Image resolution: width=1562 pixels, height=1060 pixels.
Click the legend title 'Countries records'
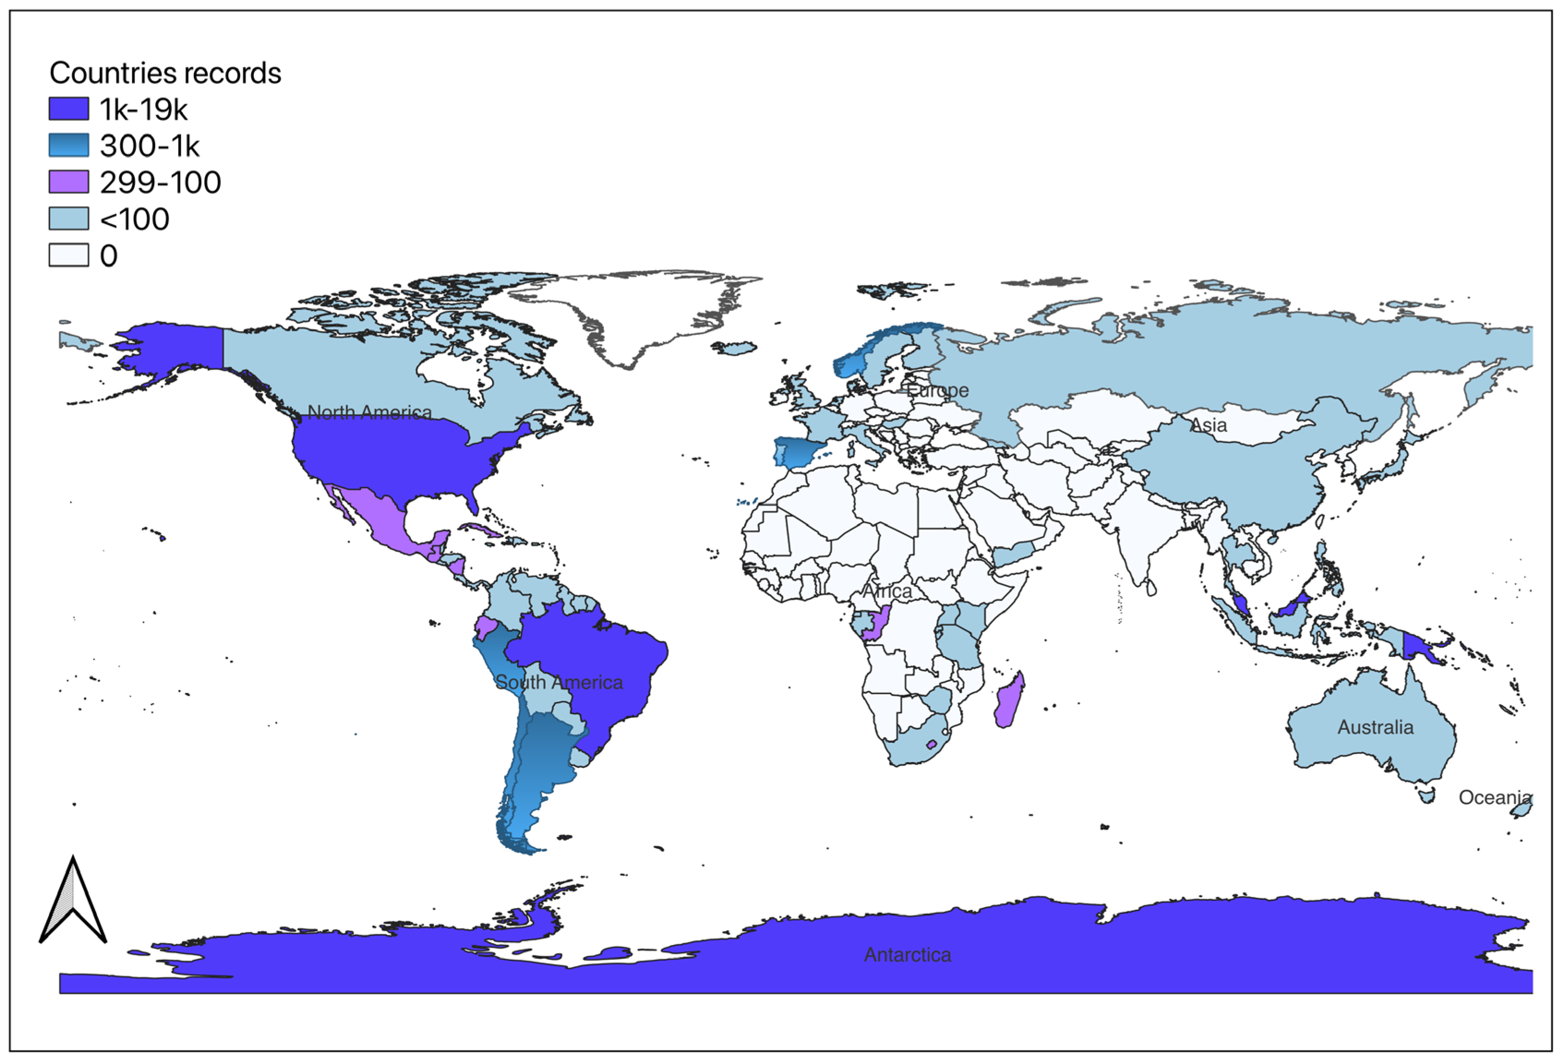165,73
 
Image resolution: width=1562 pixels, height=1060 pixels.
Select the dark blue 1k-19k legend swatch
68,109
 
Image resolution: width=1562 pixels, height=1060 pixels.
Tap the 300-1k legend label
149,146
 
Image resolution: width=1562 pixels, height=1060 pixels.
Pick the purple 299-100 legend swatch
68,181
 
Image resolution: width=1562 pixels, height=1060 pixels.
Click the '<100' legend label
134,219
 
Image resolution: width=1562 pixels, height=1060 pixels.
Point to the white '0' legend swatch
68,255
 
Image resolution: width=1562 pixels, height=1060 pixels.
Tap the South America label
559,682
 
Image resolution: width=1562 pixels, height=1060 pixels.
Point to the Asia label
1208,425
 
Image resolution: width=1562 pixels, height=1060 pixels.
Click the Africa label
887,591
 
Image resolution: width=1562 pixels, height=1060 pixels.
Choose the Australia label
1375,727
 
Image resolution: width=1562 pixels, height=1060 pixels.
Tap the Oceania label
1494,798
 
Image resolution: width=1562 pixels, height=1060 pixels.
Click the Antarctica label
907,954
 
